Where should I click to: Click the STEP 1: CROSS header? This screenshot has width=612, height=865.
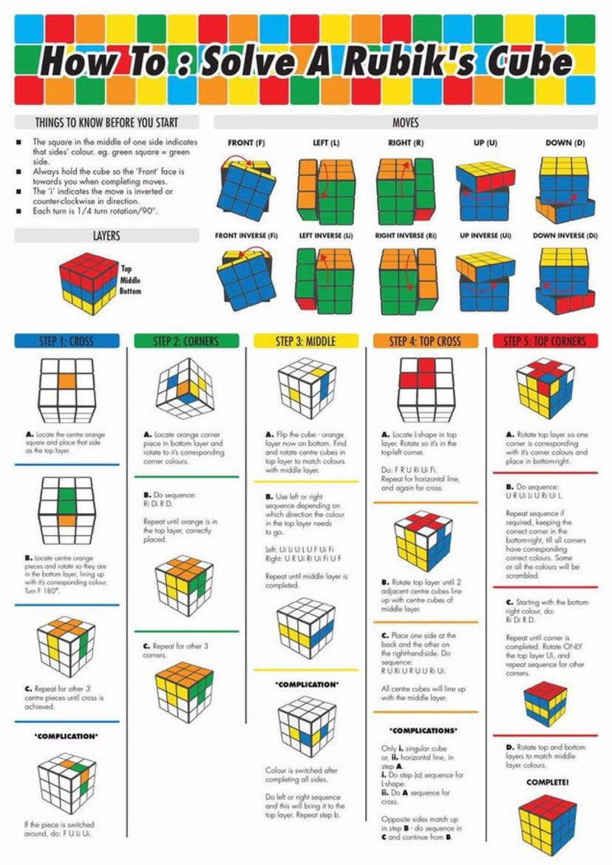tap(67, 341)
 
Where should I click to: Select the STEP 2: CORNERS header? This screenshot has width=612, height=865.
tap(186, 341)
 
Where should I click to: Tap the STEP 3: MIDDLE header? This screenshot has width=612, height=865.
tap(305, 341)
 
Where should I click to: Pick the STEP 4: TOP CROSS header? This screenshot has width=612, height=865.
tap(425, 341)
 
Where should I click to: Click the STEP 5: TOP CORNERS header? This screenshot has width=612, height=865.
tap(545, 341)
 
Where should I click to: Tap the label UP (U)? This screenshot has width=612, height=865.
tap(485, 142)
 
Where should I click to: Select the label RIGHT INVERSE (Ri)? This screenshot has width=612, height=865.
tap(405, 235)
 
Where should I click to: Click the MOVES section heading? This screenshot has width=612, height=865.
tap(406, 122)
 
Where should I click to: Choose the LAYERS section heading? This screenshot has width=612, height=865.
tap(106, 236)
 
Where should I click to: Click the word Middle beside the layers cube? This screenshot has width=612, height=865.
tap(130, 281)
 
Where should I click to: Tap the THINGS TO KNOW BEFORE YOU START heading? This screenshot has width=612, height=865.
tap(106, 122)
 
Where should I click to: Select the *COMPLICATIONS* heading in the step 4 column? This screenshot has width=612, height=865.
tap(425, 730)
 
